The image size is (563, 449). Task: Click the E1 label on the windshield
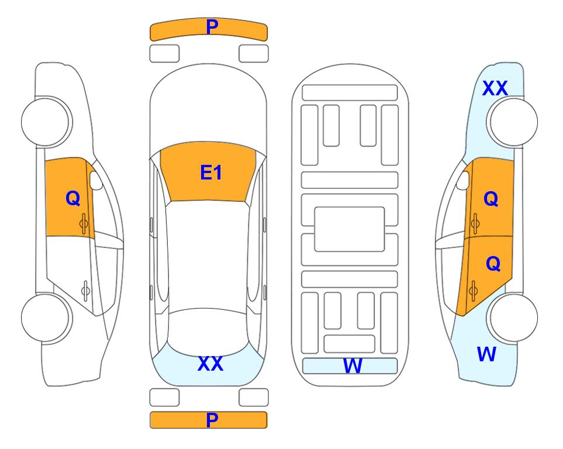[211, 172]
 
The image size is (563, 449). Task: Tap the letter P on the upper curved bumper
[212, 26]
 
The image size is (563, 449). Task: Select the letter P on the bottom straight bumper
[212, 420]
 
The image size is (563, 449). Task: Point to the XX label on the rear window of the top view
[210, 364]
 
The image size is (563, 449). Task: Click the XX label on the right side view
[495, 88]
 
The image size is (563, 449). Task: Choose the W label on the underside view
[353, 366]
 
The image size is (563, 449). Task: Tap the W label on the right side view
[486, 354]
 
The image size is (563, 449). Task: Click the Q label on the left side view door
[73, 198]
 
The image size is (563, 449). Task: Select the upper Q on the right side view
[491, 198]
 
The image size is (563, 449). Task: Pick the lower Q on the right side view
[493, 264]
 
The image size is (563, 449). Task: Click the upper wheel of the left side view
[46, 122]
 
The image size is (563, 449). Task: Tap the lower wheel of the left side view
[46, 317]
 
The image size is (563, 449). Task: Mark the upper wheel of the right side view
[513, 122]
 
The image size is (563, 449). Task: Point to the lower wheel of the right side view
[513, 317]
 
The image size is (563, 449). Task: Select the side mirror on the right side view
[463, 180]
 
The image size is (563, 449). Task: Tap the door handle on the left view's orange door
[84, 223]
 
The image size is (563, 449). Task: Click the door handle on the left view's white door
[85, 290]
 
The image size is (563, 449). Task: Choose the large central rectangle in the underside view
[350, 229]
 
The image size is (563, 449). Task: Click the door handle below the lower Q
[473, 291]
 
